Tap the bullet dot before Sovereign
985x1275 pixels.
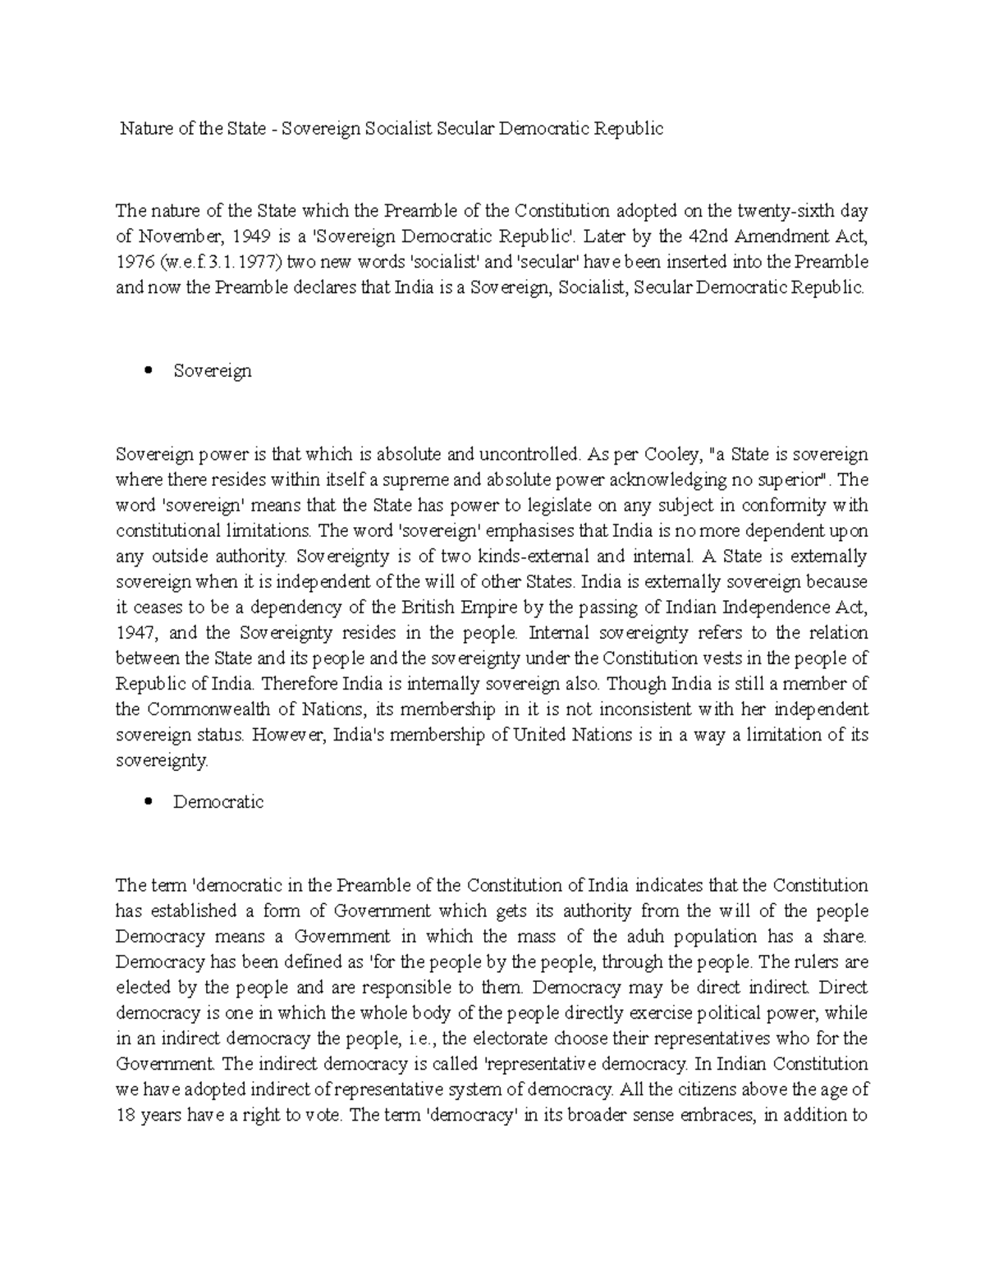click(x=149, y=370)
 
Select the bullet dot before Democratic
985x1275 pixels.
click(x=149, y=801)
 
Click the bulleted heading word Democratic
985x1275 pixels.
click(x=218, y=802)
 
